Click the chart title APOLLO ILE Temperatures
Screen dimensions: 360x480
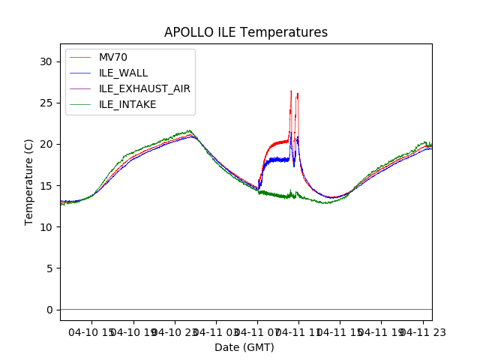(246, 33)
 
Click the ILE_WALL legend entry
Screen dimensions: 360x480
(123, 73)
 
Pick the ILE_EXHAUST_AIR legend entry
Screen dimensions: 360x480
(144, 88)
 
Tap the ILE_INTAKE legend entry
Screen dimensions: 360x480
(127, 104)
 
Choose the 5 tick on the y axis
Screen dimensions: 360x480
(52, 268)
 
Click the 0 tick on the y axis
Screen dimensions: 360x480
(52, 309)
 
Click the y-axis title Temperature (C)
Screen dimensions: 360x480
(29, 181)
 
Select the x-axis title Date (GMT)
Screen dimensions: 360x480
(244, 347)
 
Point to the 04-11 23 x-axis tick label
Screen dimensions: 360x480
(422, 331)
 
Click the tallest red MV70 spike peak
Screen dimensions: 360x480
(291, 91)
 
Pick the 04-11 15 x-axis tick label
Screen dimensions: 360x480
(340, 331)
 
